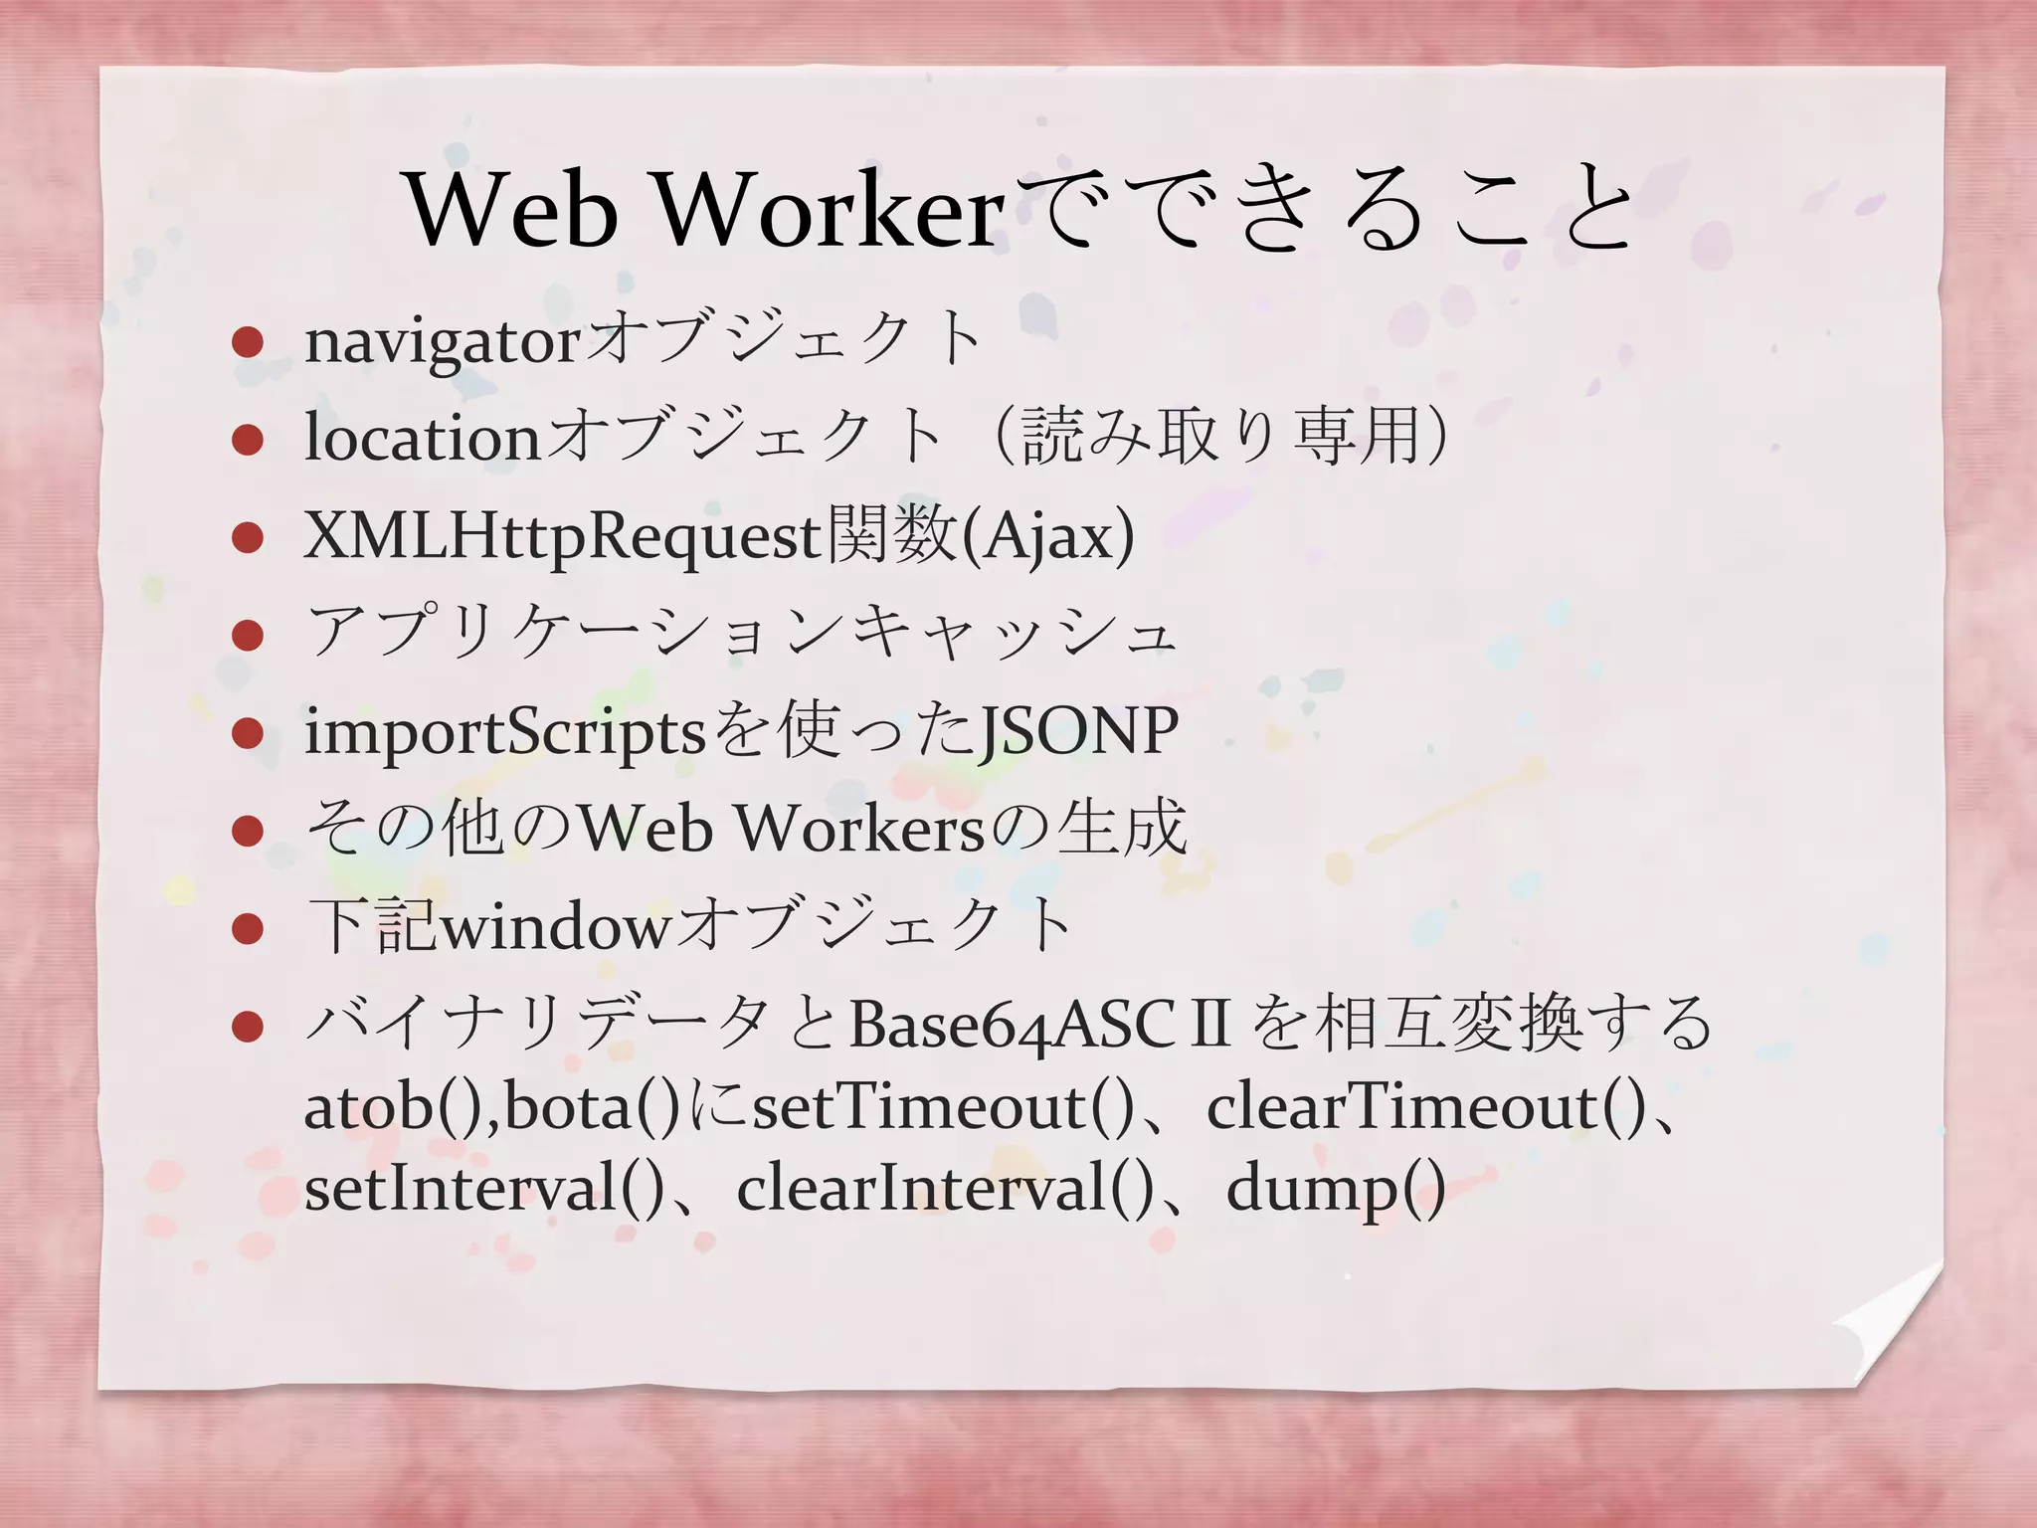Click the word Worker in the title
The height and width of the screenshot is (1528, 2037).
coord(830,210)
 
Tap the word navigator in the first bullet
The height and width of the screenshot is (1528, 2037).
coord(442,341)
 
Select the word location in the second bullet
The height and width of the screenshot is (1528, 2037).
coord(423,437)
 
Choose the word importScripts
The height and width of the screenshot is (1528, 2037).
coord(505,732)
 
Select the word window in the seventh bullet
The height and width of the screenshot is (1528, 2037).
coord(556,926)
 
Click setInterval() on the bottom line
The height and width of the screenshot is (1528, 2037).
coord(483,1188)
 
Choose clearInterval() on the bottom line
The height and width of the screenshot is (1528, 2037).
coord(944,1188)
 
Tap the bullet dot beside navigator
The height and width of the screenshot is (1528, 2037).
coord(247,343)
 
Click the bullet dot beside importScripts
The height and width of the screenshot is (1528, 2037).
coord(247,734)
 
